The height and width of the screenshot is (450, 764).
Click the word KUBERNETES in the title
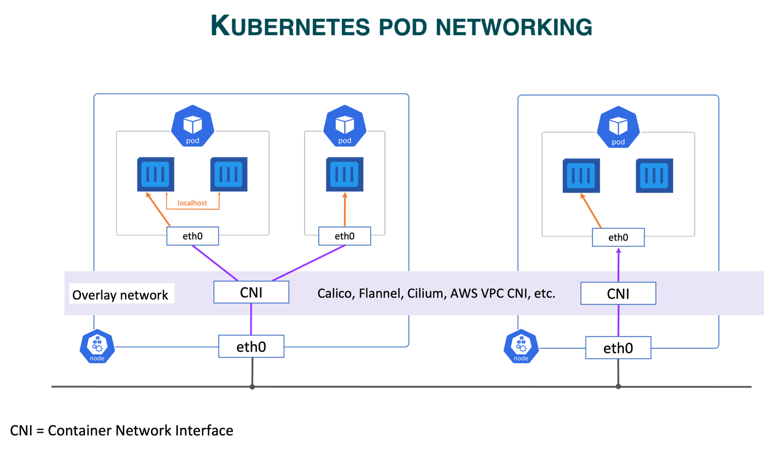point(290,26)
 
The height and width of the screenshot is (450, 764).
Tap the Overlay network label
point(121,295)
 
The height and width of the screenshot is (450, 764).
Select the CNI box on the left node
point(251,292)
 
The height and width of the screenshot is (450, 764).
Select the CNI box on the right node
point(618,294)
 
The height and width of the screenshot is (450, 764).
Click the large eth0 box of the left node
point(251,347)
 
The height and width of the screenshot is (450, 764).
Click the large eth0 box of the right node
point(618,348)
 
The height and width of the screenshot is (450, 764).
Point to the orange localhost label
point(192,203)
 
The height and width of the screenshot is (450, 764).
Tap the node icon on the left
point(97,346)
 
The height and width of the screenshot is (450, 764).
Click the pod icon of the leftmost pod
point(192,126)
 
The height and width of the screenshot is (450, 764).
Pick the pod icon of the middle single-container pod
point(345,126)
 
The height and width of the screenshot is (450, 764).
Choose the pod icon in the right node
point(618,127)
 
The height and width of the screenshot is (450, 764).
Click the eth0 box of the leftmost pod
point(192,236)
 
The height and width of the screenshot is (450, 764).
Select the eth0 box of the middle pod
point(345,236)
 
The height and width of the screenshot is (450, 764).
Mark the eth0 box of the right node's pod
point(618,238)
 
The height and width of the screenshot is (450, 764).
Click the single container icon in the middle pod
point(345,174)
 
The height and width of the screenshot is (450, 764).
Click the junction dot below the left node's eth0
point(252,387)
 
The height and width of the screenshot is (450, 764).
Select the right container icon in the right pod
point(654,176)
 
